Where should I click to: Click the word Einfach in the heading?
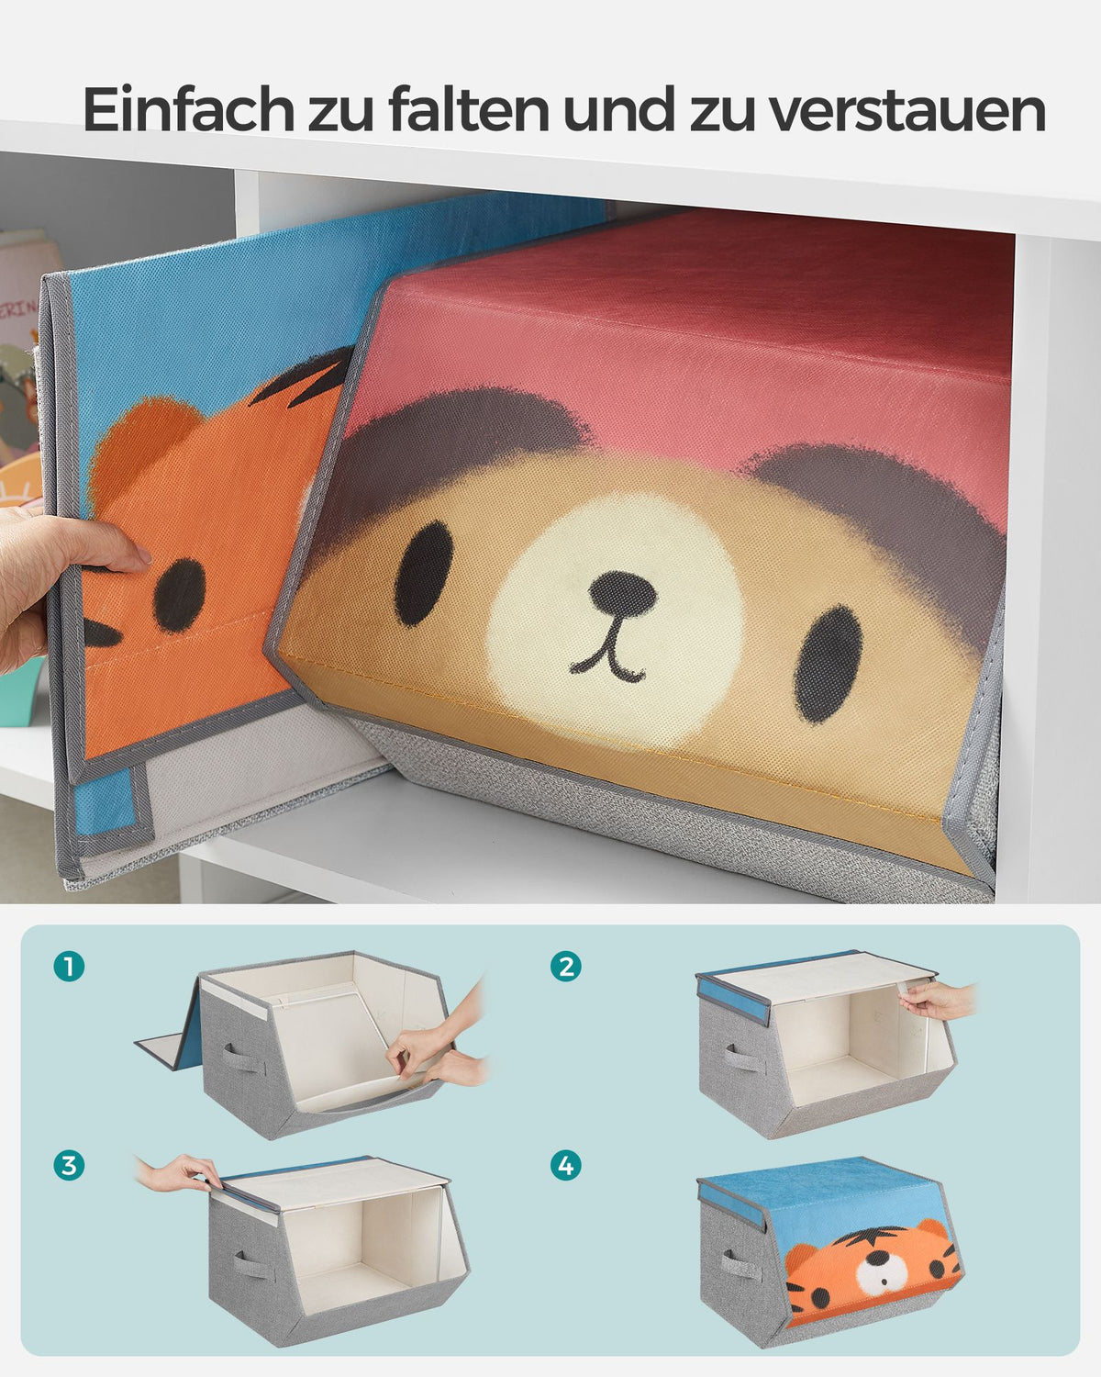[188, 110]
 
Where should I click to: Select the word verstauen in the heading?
[907, 111]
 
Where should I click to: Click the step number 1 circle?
[69, 967]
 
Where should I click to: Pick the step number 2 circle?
[566, 967]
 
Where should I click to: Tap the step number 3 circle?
[69, 1165]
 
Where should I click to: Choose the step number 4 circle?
[566, 1165]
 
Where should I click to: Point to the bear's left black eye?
[424, 574]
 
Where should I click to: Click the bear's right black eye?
[828, 665]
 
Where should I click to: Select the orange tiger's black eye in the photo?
[180, 595]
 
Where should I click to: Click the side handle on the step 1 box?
[242, 1061]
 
